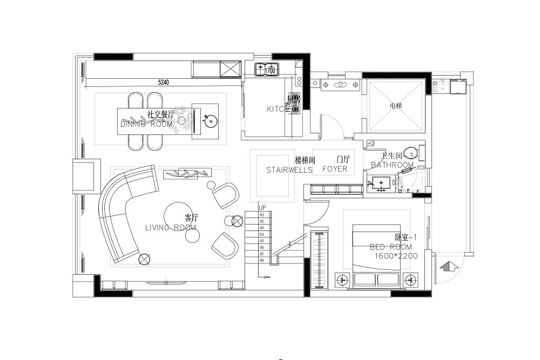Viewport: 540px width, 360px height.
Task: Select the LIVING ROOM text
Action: pos(170,228)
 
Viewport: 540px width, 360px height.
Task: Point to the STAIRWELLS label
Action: pos(289,169)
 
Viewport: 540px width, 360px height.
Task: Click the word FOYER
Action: pos(335,169)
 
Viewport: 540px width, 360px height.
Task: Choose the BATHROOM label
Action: pos(392,165)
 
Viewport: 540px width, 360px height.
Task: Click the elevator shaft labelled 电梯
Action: pos(396,106)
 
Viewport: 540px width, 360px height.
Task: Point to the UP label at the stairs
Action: pos(262,208)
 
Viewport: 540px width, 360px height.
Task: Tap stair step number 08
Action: pos(262,260)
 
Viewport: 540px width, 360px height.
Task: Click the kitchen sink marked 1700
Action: pos(265,70)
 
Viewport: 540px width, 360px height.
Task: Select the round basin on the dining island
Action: pos(209,121)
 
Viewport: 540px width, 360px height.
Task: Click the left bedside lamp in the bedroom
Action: pos(341,280)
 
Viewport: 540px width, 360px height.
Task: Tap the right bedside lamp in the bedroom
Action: pos(411,280)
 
